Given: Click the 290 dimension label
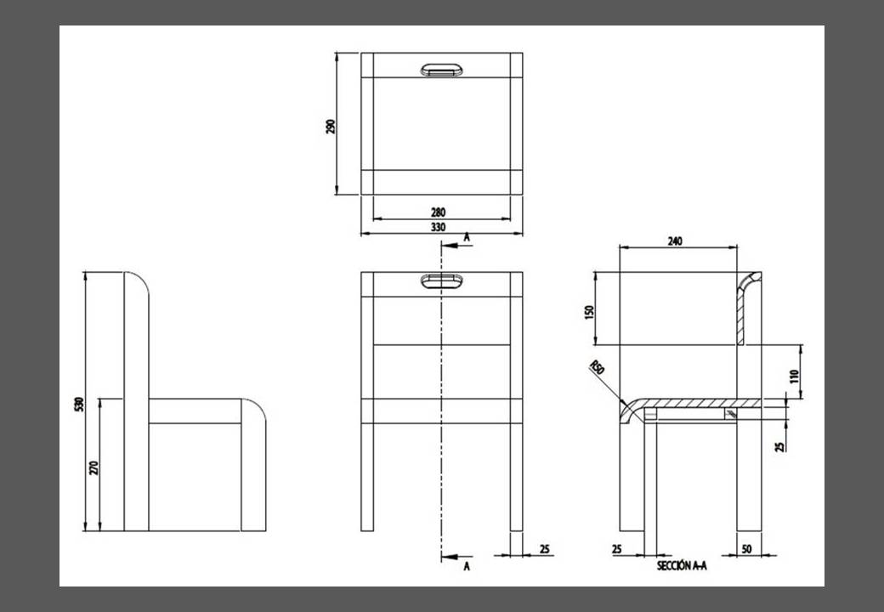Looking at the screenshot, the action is coord(331,127).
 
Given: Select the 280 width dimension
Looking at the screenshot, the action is coord(438,212).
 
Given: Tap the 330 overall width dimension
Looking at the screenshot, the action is coord(438,227).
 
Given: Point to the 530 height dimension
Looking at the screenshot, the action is coord(79,404).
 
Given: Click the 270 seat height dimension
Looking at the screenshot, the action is coord(93,467).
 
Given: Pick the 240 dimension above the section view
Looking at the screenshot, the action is coord(675,241).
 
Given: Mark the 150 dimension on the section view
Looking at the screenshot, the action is coord(589,312).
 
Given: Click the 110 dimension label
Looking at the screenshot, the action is coord(795,377).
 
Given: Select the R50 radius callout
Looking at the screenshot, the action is coord(597,368).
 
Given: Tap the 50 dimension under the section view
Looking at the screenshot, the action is coord(746,549).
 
